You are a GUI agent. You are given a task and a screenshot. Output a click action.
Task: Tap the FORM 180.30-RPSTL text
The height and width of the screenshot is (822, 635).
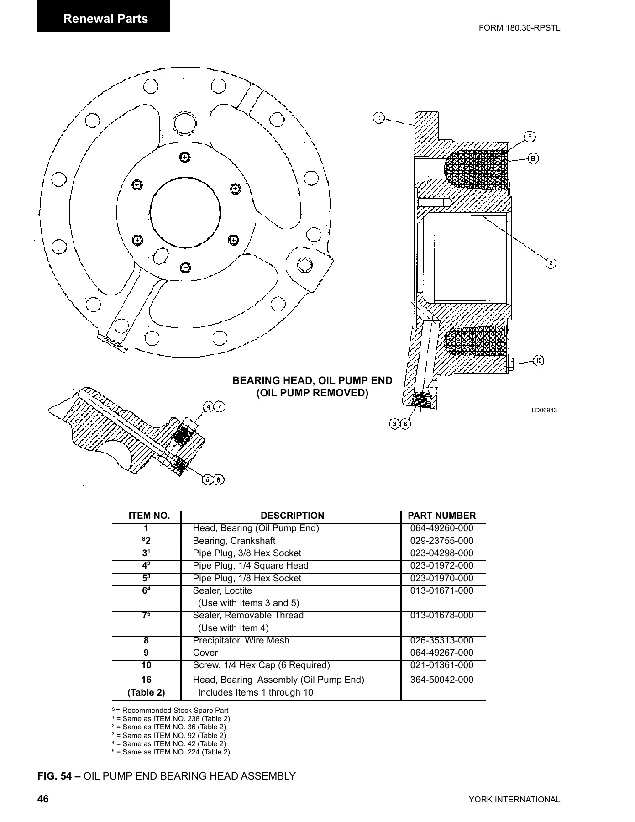(x=519, y=28)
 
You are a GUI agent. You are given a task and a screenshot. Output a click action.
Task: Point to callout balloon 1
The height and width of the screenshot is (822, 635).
(x=379, y=118)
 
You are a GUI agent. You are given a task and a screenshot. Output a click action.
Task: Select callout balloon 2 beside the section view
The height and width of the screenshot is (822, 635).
(x=551, y=263)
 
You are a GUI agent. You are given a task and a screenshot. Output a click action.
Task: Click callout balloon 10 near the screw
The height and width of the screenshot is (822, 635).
(x=539, y=361)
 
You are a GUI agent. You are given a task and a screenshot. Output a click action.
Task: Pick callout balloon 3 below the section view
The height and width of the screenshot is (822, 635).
(x=394, y=424)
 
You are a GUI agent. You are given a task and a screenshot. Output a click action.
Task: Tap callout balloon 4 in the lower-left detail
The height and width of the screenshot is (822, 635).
(x=209, y=406)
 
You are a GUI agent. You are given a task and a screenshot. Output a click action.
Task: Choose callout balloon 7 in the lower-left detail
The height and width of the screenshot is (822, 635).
(x=220, y=406)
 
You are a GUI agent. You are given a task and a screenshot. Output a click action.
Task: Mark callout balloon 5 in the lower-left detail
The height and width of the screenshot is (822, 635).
(x=209, y=480)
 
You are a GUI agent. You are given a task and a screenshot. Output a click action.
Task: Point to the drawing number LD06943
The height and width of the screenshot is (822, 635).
(x=544, y=410)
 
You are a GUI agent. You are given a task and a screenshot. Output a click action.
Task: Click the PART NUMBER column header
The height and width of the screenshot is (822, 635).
(x=441, y=516)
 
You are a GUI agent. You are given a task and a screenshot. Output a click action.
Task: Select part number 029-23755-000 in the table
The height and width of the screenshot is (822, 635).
(x=441, y=541)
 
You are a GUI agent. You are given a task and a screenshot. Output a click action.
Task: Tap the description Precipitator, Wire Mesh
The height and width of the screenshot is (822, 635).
(x=241, y=641)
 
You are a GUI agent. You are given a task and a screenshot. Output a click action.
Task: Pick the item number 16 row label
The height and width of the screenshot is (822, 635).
(x=146, y=680)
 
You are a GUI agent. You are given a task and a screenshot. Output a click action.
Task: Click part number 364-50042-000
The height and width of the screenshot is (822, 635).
(x=441, y=680)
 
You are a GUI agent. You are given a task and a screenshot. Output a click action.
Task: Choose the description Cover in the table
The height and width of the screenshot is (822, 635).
(x=205, y=653)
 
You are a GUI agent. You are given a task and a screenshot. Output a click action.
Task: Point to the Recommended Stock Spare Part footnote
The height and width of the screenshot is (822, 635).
(x=172, y=711)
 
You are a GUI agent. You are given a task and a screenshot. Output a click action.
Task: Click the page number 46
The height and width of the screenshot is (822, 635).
(x=43, y=799)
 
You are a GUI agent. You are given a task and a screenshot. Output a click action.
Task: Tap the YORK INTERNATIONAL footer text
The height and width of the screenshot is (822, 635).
(x=514, y=800)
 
